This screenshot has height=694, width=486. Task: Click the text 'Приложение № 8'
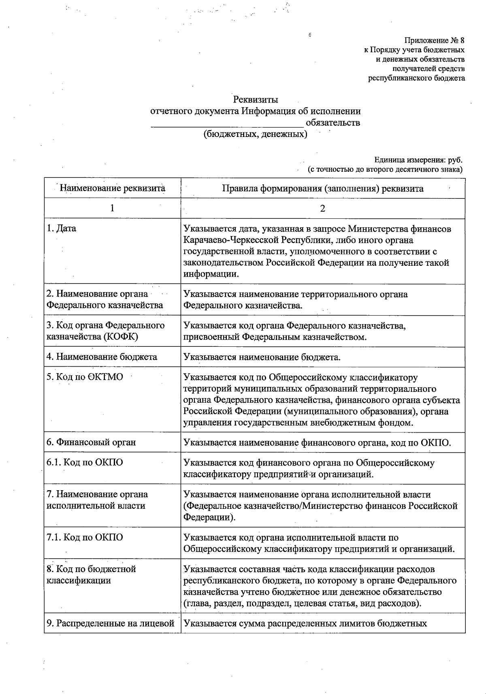click(434, 41)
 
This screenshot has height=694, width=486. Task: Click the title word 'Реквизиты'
click(255, 99)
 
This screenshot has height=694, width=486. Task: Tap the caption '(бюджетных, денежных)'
click(255, 134)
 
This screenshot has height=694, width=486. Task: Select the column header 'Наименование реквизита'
click(113, 188)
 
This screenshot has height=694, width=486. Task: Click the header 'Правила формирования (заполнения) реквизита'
click(323, 188)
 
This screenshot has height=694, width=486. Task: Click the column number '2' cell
click(322, 209)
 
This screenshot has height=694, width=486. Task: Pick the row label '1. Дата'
click(61, 228)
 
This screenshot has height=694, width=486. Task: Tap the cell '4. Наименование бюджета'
click(102, 357)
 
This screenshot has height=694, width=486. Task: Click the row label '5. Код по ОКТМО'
click(85, 377)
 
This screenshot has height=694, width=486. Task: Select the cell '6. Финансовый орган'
click(91, 442)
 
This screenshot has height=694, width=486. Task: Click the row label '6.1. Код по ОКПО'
click(85, 462)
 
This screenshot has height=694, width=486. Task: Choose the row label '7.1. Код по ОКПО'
click(85, 538)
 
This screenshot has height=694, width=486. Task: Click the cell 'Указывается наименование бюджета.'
click(262, 357)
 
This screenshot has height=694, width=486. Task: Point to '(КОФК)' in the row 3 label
click(117, 337)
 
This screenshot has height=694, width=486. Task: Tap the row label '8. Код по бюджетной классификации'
click(91, 574)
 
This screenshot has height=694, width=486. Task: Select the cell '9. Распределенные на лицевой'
click(111, 623)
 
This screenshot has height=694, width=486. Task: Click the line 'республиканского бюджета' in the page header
click(416, 78)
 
